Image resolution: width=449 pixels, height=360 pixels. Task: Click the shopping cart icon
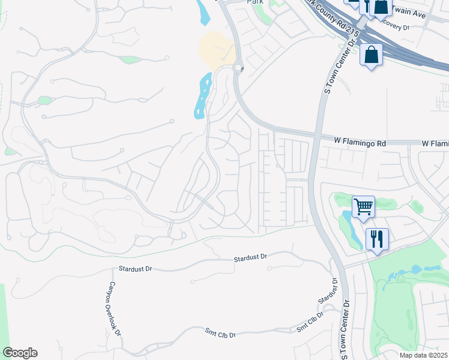363,208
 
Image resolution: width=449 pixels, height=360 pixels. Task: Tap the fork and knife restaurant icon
376,239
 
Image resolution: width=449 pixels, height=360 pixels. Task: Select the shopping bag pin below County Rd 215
372,55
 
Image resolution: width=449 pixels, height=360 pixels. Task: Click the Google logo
20,353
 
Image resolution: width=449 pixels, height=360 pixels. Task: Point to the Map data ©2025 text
423,355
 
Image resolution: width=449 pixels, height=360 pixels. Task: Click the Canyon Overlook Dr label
115,309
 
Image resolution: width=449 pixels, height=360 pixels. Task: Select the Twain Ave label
409,11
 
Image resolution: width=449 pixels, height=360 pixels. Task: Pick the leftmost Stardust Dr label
135,269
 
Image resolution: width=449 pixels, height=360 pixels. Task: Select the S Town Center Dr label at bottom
345,331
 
